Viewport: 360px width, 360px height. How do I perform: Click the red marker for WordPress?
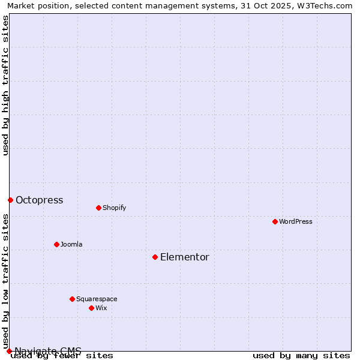(275, 221)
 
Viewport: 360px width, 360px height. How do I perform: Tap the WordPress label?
(296, 221)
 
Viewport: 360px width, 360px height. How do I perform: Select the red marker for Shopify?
(98, 208)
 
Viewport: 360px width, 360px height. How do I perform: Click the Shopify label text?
(114, 208)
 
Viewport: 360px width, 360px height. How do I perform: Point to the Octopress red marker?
(10, 200)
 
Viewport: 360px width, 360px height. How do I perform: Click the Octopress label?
(39, 200)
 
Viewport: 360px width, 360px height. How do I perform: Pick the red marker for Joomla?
(56, 244)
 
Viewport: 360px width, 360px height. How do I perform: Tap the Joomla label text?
(71, 244)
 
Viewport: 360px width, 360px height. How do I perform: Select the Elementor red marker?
(155, 257)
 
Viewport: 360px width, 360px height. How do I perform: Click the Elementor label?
(185, 257)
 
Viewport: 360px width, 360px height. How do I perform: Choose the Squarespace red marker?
(72, 299)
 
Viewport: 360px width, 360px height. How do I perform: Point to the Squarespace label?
(97, 299)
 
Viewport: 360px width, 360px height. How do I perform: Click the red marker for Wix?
(91, 308)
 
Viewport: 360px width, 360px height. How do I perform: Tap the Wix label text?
(101, 308)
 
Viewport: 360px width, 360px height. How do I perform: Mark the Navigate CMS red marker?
(9, 351)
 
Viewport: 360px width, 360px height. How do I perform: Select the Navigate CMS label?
(48, 351)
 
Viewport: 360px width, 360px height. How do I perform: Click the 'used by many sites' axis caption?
(301, 355)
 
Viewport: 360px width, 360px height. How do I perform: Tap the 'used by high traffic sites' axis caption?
(5, 85)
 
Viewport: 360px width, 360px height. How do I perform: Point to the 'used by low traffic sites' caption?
(5, 281)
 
